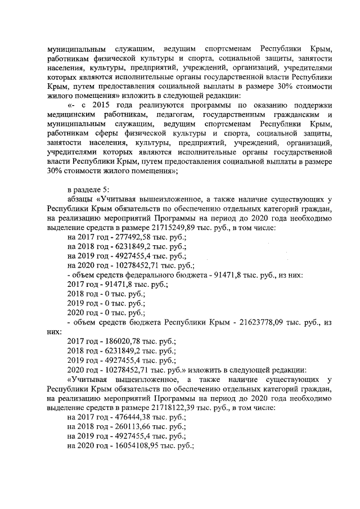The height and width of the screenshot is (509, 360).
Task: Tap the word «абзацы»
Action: pos(80,198)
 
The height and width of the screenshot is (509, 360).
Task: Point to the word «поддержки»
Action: pos(314,105)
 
